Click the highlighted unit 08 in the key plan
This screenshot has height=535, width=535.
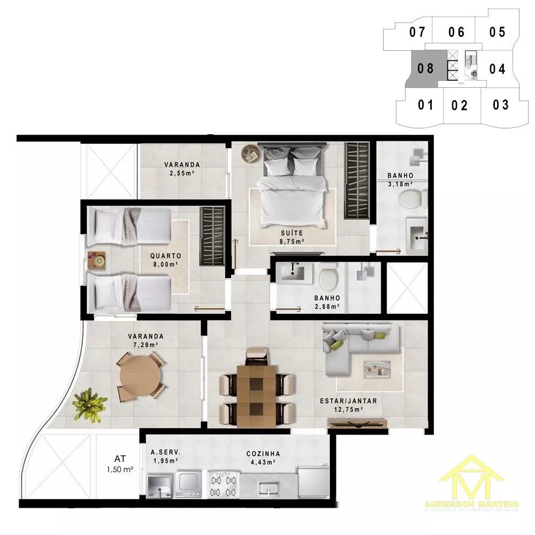pyautogui.click(x=425, y=68)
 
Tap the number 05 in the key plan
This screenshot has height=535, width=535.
pyautogui.click(x=497, y=32)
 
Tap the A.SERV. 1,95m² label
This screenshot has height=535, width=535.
pyautogui.click(x=165, y=456)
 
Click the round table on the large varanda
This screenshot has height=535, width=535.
pyautogui.click(x=140, y=376)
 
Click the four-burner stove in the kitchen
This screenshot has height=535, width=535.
pyautogui.click(x=223, y=485)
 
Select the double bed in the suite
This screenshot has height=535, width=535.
pyautogui.click(x=292, y=187)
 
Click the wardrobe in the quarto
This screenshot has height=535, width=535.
pyautogui.click(x=212, y=236)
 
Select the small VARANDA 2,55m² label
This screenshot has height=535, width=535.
pyautogui.click(x=182, y=169)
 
